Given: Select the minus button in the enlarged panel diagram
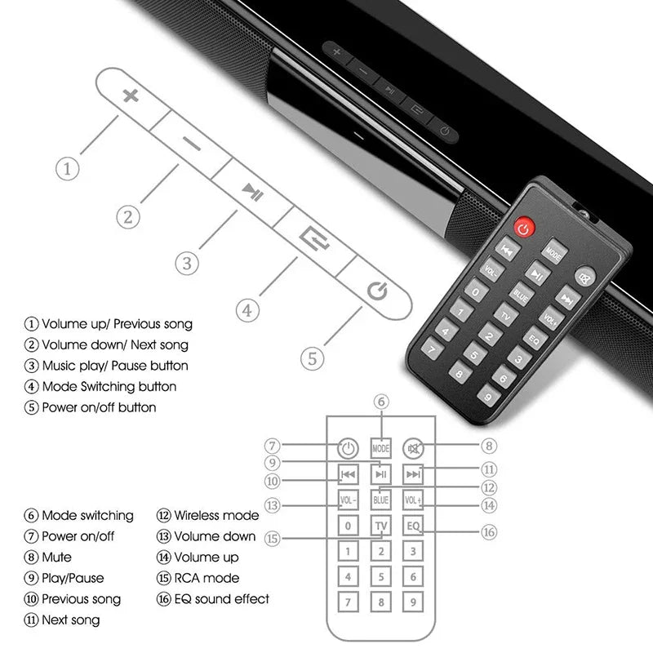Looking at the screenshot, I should coord(192,144).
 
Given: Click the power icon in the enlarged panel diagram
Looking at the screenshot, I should coord(375,291).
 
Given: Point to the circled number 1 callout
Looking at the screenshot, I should coord(68,169).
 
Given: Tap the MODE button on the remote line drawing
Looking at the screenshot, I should coord(381,448).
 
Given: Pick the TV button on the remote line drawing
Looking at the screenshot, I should coord(381,526).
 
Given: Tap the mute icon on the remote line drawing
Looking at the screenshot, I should coord(415,448).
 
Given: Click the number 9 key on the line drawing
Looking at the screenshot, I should coord(415,602).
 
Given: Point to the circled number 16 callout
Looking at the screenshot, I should coord(488,532).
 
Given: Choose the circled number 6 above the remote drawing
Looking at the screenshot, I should coord(381,401).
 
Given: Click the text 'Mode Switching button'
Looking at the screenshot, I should coord(109,386).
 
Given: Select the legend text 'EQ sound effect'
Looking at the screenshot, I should coord(221,598).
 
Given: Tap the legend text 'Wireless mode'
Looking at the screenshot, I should coord(216,515).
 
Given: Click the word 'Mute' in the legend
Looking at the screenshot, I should coord(56,557).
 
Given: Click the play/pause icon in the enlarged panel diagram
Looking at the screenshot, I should coord(251,193).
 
